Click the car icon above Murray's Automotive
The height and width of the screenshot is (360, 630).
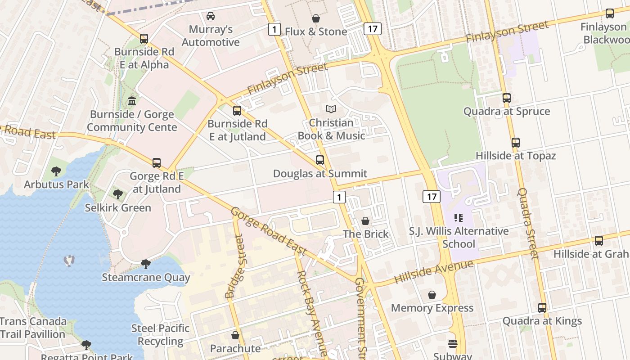point(210,16)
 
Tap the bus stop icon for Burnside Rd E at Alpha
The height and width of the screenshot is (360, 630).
point(144,39)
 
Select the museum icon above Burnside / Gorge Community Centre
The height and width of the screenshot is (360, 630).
point(132,101)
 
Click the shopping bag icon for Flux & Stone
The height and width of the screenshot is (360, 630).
point(316,18)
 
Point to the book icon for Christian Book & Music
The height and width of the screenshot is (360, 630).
point(331,109)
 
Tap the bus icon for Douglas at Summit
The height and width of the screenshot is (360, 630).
point(320,160)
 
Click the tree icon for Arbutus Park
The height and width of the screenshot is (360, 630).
point(56,171)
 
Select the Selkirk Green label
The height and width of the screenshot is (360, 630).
point(118,208)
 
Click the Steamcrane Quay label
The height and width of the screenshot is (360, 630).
point(146,277)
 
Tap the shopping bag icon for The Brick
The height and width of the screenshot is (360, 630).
point(365,221)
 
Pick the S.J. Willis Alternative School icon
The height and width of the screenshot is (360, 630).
point(459,218)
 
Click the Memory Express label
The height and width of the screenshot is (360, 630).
point(432,308)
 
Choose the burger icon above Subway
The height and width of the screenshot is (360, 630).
point(453,343)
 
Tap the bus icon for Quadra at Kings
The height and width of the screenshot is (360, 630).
point(542,308)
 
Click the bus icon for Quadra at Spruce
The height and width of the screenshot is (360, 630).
point(507,98)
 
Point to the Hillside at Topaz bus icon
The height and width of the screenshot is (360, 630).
point(516,143)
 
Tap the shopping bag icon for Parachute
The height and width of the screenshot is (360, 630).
point(235,335)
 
